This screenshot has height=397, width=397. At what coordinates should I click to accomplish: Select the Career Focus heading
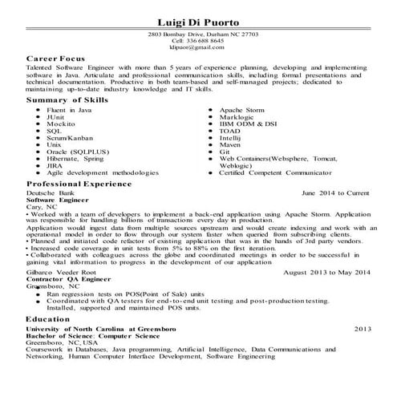(57, 59)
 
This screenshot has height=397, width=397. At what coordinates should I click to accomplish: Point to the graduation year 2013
(363, 329)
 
